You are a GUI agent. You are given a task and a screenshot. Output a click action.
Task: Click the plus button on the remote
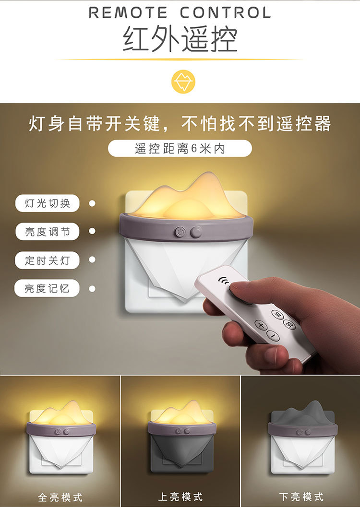point(261,325)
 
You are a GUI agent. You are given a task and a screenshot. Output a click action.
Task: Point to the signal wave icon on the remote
point(223,281)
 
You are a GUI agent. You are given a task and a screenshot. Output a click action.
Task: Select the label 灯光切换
point(48,203)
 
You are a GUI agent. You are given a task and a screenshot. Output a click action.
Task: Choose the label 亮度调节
point(48,232)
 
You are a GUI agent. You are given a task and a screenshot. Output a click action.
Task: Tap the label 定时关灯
point(48,260)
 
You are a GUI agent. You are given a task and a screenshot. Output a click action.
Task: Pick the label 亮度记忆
point(48,289)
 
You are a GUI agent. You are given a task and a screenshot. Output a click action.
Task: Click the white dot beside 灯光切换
point(92,203)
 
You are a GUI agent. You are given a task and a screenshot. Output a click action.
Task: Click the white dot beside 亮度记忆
point(92,289)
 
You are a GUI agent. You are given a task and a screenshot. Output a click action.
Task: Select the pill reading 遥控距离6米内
point(180,149)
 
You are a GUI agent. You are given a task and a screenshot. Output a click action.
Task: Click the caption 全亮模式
point(60,496)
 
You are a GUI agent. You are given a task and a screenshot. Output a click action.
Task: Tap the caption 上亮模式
point(180,496)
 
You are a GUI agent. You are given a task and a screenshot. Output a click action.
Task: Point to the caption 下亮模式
point(301,496)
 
